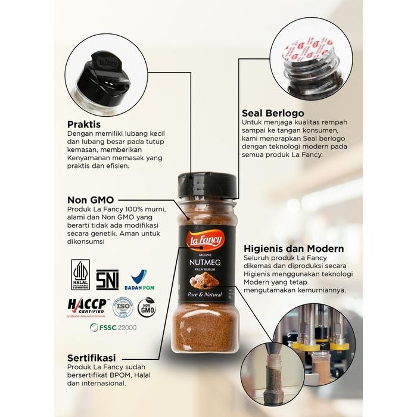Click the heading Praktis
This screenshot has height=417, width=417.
point(83,125)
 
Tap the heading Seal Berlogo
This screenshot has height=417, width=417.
point(273,113)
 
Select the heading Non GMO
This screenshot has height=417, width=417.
point(91,200)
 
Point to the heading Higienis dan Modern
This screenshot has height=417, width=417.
point(294,248)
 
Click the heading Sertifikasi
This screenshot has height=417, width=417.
point(92,357)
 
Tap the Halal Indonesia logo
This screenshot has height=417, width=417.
point(80,275)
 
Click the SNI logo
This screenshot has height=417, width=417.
point(107,279)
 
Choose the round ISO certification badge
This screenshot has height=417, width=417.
point(123,307)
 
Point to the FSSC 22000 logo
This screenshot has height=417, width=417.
point(113,327)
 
